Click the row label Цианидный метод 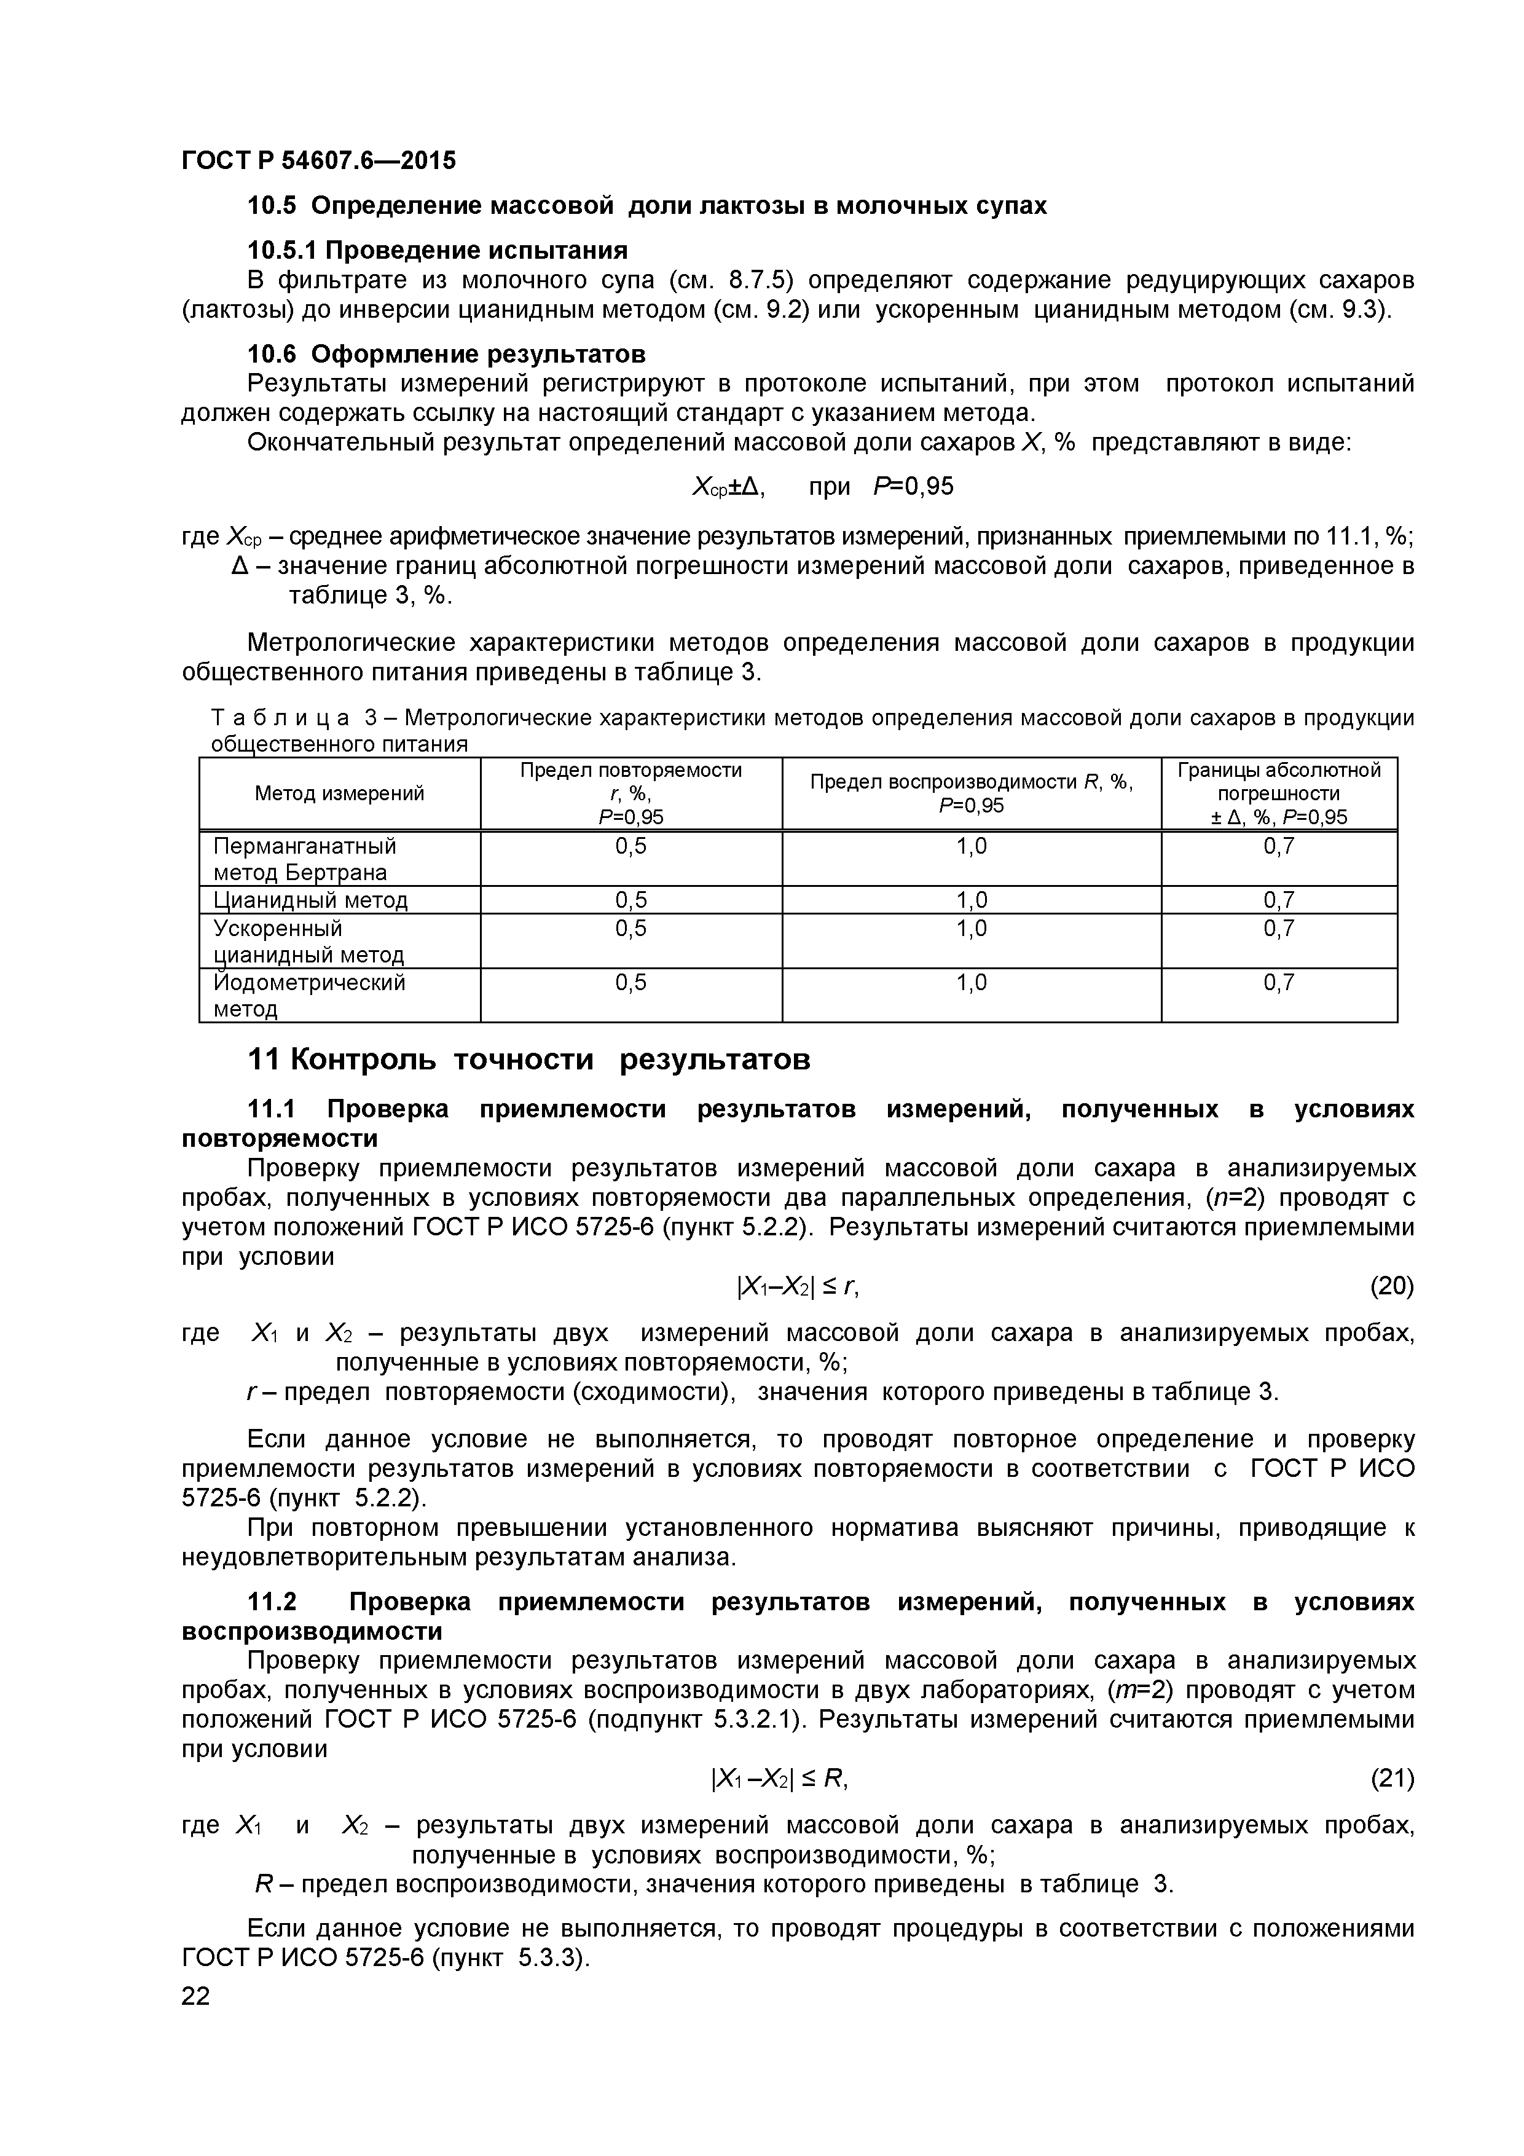[x=311, y=900]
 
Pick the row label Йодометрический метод [x=309, y=996]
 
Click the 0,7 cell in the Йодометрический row [x=1278, y=983]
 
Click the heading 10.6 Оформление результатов [x=446, y=354]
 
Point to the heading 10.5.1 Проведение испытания [x=437, y=251]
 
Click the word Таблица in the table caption [x=281, y=718]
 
